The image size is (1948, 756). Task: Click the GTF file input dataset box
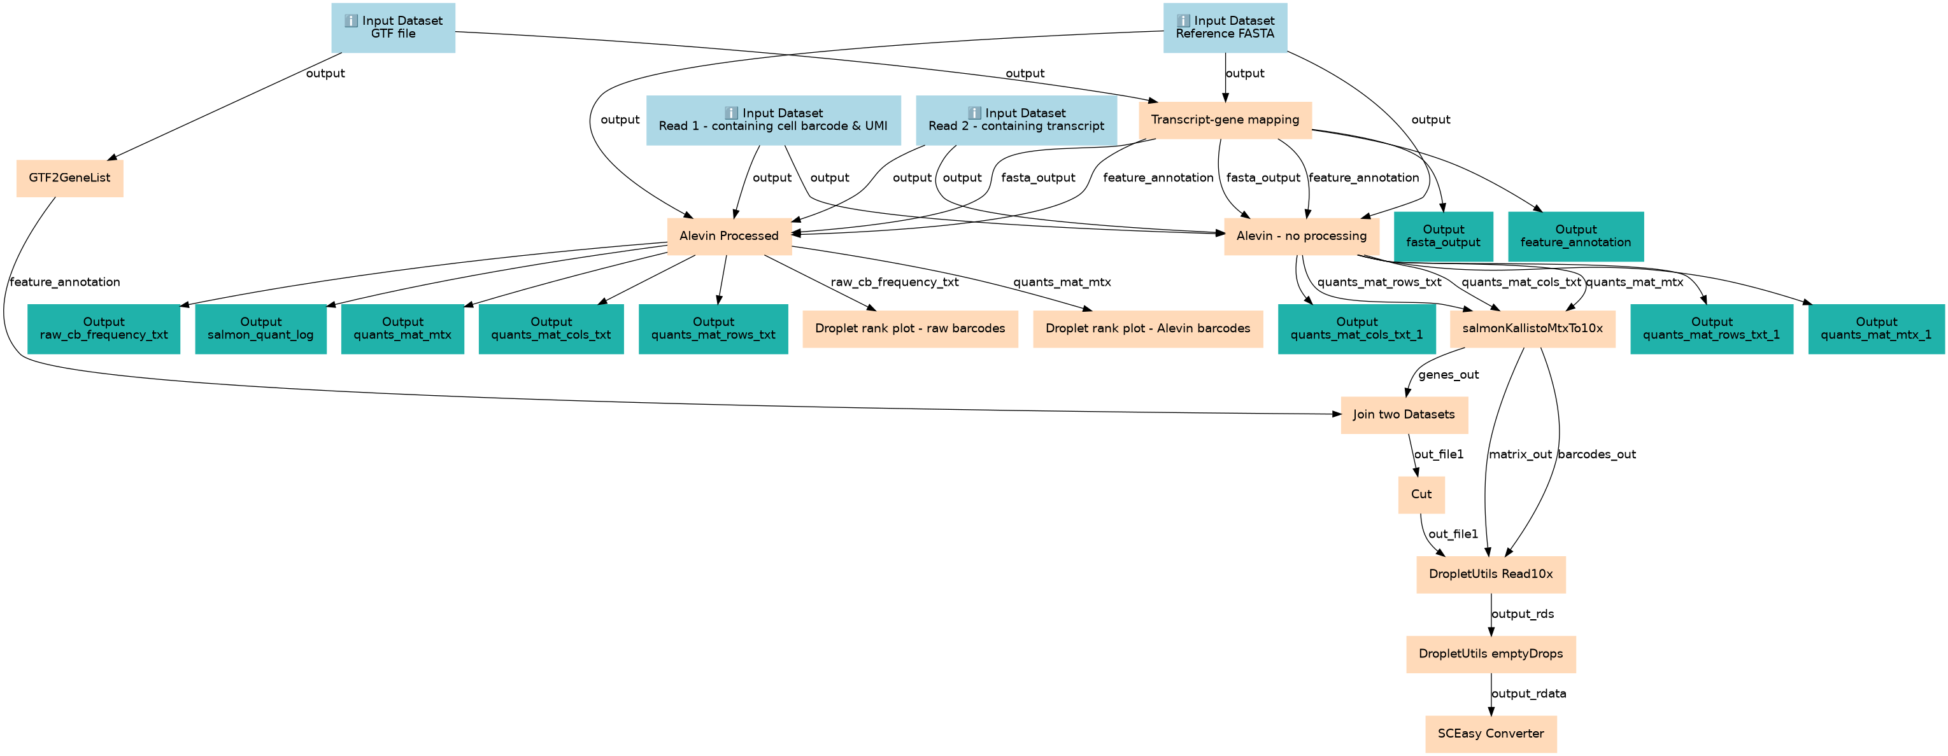[394, 27]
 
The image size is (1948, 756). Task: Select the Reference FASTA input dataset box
[1225, 27]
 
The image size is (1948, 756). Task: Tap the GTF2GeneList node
[69, 178]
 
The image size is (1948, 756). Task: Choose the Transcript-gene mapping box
[1225, 120]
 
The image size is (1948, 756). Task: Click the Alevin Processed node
[729, 237]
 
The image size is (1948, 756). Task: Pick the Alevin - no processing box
[1302, 237]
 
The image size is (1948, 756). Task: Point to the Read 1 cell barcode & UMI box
[774, 120]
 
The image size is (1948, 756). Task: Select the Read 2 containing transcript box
[1016, 120]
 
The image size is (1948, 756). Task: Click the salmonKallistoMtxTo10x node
[1533, 329]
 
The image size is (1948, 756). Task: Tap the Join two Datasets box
[1404, 415]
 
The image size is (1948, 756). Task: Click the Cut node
[1421, 494]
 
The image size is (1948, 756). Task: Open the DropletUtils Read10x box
[1491, 575]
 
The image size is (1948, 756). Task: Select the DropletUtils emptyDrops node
[1491, 654]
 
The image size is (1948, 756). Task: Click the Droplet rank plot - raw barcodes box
[911, 329]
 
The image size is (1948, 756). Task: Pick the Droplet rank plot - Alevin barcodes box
[1148, 329]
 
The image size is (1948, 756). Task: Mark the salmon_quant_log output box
[261, 329]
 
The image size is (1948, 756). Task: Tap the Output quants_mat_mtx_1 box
[1877, 329]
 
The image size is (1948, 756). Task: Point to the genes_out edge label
[1449, 375]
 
